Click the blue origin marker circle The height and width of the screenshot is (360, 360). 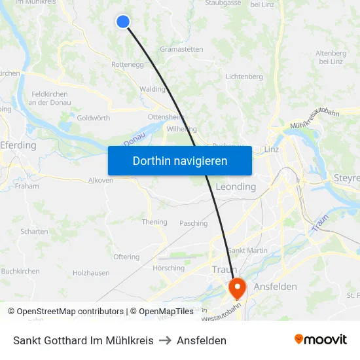122,22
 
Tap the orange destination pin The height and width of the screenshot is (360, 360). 236,287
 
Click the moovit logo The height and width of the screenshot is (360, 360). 321,340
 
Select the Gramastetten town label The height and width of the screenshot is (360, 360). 181,49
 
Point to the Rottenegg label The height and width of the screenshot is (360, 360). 128,65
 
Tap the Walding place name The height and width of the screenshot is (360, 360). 153,89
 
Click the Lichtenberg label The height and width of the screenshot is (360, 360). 244,77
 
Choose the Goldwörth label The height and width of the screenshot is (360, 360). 94,118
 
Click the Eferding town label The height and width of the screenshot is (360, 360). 18,145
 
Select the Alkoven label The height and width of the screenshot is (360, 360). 100,180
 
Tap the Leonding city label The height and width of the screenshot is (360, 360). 236,187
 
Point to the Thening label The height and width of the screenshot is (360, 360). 154,222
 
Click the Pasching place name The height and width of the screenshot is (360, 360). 193,223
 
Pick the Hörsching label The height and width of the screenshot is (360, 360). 168,268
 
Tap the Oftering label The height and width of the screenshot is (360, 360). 126,257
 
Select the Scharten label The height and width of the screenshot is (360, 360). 34,231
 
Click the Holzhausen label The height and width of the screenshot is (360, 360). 92,273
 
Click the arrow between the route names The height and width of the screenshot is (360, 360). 166,340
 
